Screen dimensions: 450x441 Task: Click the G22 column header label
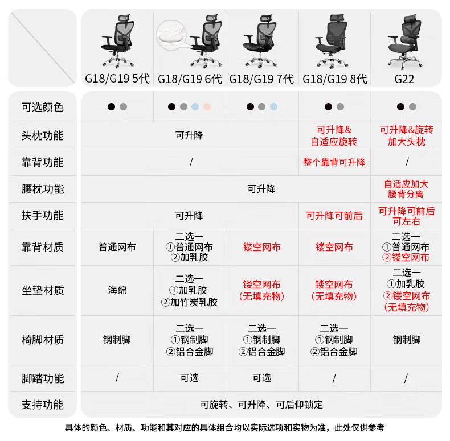coord(404,79)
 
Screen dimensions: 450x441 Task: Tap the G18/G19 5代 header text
coord(117,79)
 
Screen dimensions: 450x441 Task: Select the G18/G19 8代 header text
coord(334,79)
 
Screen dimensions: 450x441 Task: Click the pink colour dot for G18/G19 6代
coord(207,106)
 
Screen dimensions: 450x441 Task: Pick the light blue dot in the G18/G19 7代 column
coord(273,106)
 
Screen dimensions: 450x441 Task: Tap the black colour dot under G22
coord(400,106)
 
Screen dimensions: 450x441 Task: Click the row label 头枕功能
coord(43,135)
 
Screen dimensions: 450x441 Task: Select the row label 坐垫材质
coord(43,290)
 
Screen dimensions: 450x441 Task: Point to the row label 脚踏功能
coord(43,378)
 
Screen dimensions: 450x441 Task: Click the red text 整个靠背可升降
coord(334,162)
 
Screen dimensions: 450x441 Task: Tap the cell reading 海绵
coord(117,290)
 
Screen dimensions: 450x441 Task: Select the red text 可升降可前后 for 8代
coord(334,216)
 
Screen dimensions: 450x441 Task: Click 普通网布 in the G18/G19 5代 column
coord(117,247)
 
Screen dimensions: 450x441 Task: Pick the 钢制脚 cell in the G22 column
coord(406,340)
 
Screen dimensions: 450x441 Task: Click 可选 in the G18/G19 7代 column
coord(261,378)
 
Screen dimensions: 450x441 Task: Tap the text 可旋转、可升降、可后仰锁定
coord(261,405)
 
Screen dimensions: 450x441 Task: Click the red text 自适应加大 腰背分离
coord(406,189)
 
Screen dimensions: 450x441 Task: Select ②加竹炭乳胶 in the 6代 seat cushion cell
coord(190,302)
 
